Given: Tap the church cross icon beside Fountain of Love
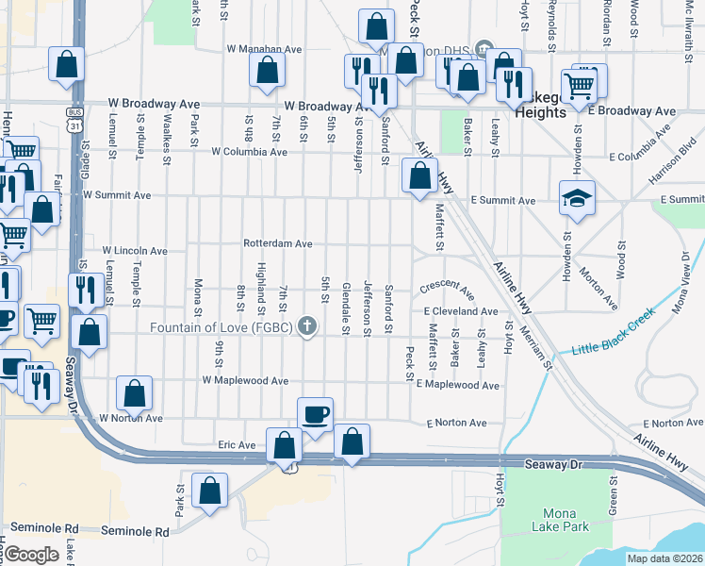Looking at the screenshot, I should pyautogui.click(x=305, y=327).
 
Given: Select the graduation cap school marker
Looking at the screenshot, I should pyautogui.click(x=577, y=198).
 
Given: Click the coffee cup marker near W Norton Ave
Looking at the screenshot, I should pyautogui.click(x=315, y=414).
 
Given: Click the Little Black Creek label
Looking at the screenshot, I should pyautogui.click(x=610, y=333).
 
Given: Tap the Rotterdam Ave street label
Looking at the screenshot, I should pyautogui.click(x=277, y=243).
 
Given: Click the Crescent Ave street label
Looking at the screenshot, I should pyautogui.click(x=446, y=285).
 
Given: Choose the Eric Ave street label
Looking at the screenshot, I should pyautogui.click(x=237, y=444).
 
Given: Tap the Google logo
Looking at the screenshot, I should pyautogui.click(x=31, y=555).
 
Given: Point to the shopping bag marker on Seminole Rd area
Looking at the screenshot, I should pyautogui.click(x=209, y=491).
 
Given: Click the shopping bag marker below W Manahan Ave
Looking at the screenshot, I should pyautogui.click(x=267, y=70).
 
